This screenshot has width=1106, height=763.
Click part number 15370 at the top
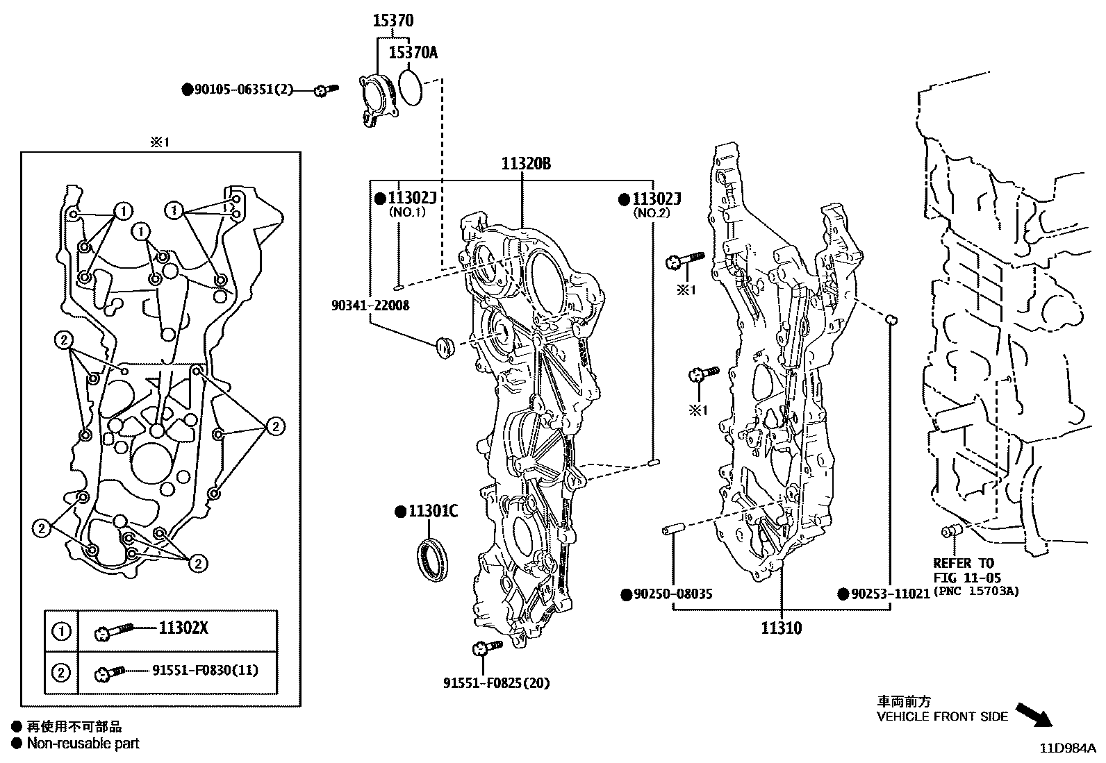(x=393, y=21)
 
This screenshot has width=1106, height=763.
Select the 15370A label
(x=413, y=52)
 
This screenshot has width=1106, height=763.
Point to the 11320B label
(x=526, y=164)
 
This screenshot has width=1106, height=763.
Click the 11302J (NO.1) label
(x=411, y=199)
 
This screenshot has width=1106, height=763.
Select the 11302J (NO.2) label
(x=656, y=199)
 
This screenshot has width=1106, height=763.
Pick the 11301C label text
(x=432, y=512)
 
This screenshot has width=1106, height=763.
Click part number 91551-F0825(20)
(x=496, y=682)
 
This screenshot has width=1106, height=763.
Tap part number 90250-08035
(x=672, y=594)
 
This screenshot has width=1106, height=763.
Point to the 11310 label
(x=781, y=628)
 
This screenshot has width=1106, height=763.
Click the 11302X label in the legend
(x=183, y=628)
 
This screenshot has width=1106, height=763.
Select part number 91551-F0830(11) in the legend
(x=205, y=670)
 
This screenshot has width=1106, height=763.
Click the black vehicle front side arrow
(x=1034, y=714)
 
